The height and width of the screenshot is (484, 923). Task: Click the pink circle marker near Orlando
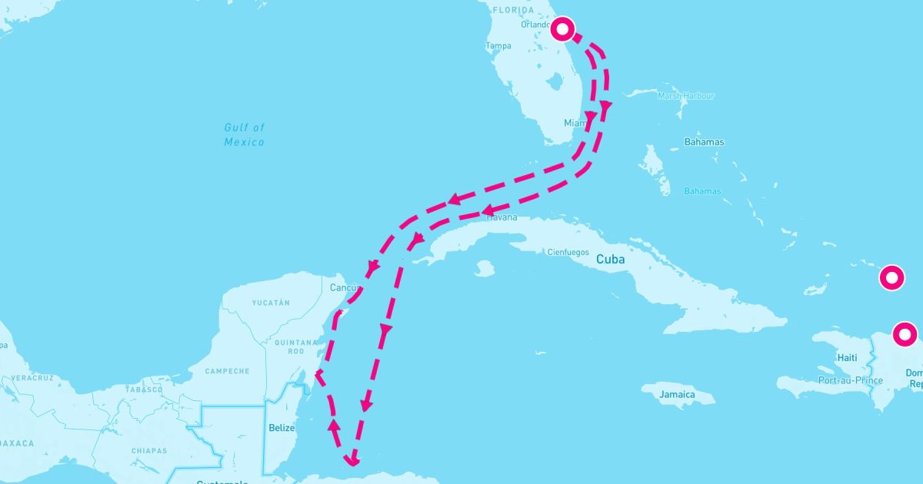tap(563, 29)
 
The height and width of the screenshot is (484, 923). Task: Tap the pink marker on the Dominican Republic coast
tap(905, 335)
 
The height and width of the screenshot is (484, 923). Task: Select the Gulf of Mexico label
tap(245, 134)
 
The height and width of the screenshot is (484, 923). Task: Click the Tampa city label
tap(498, 46)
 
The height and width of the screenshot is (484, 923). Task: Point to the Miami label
tap(575, 123)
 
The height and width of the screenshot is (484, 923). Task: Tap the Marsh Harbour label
tap(686, 96)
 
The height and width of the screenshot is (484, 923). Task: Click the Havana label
tap(502, 217)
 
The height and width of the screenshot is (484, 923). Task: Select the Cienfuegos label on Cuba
tap(568, 252)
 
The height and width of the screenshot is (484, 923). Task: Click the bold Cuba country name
tap(611, 260)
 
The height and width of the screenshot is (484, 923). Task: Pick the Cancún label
tap(345, 288)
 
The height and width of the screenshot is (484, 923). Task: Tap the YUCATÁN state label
tap(271, 303)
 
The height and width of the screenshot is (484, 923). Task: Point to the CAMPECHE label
tap(227, 371)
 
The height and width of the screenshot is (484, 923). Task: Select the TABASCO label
tap(145, 389)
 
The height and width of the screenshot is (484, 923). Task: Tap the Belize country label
tap(282, 428)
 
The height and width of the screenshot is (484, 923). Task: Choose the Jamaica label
tap(677, 395)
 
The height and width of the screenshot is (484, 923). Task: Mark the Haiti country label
tap(847, 357)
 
